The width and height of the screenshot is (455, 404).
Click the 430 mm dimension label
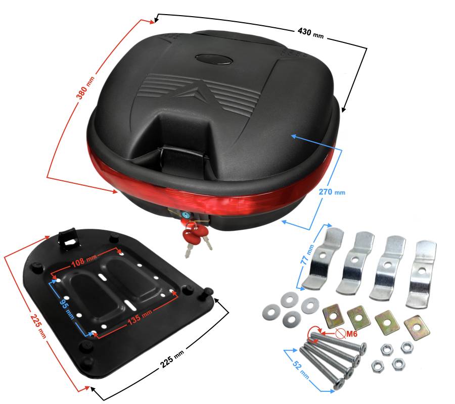[310, 33]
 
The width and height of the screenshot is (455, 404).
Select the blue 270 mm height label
[332, 191]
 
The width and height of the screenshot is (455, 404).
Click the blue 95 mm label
[67, 309]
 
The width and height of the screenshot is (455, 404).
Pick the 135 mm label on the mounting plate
[140, 317]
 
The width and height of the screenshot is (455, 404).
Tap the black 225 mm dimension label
[172, 359]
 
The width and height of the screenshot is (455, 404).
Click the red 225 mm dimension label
[38, 326]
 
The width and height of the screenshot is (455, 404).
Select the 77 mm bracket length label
[307, 255]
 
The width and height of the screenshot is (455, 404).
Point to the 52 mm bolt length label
[300, 369]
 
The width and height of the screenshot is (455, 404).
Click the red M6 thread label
[351, 334]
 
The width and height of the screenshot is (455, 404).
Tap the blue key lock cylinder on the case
[186, 215]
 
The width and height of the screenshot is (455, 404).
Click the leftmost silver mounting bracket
[323, 258]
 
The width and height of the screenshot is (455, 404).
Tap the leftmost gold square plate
[333, 316]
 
